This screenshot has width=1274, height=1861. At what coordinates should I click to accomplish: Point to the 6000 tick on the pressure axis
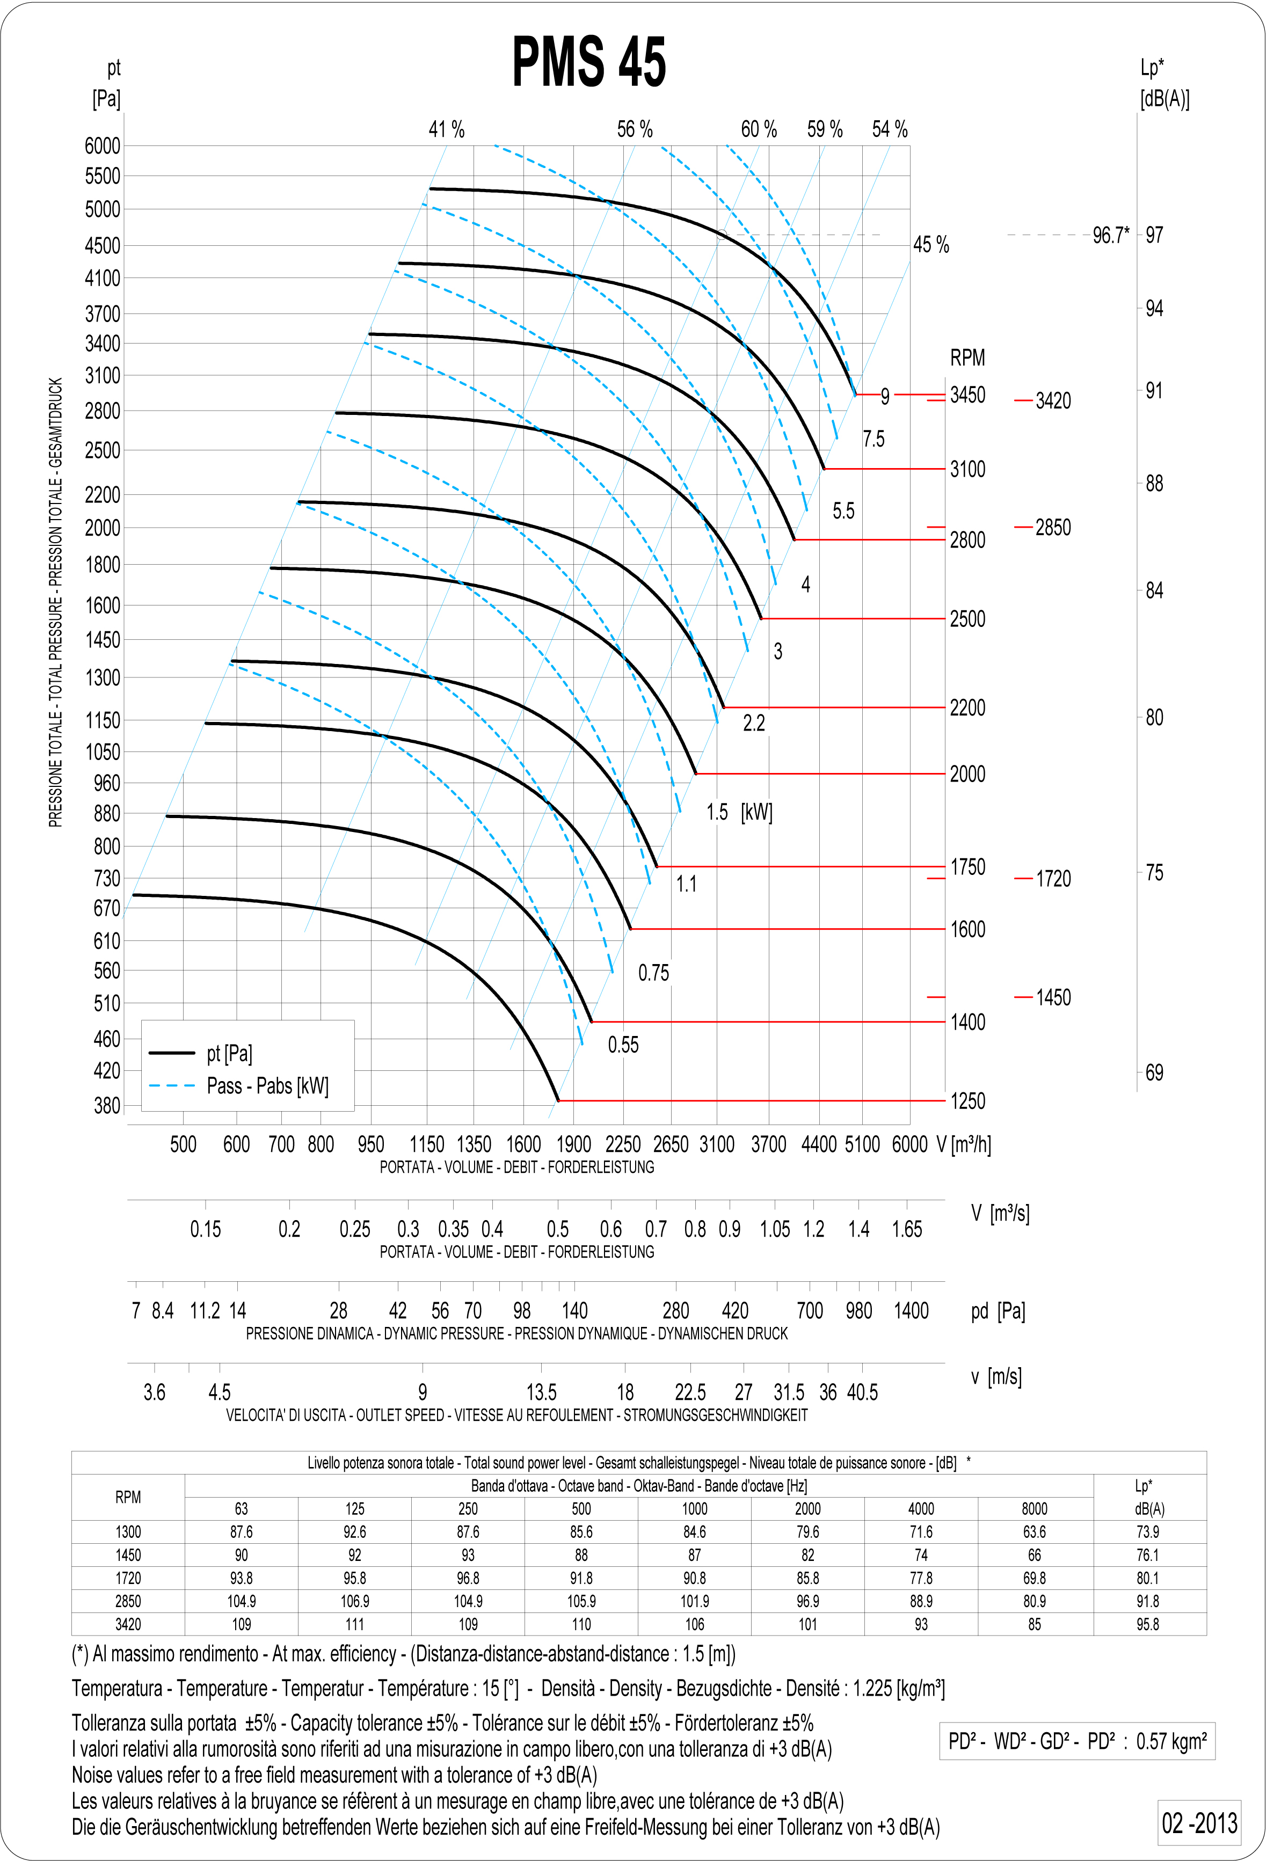point(103,146)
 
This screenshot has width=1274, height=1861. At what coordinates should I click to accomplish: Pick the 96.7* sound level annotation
point(1111,236)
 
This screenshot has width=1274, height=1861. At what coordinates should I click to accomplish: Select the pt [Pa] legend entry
point(229,1053)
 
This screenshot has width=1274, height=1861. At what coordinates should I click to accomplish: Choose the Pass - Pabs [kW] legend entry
point(267,1086)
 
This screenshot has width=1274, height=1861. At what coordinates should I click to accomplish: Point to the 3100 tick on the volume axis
point(717,1144)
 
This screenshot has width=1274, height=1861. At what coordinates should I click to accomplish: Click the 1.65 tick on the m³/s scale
point(907,1229)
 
